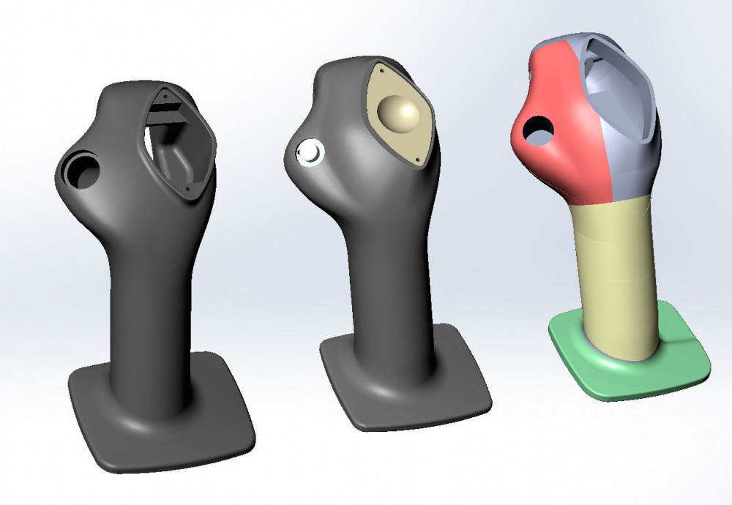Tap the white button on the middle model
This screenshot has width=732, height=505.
click(x=307, y=151)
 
